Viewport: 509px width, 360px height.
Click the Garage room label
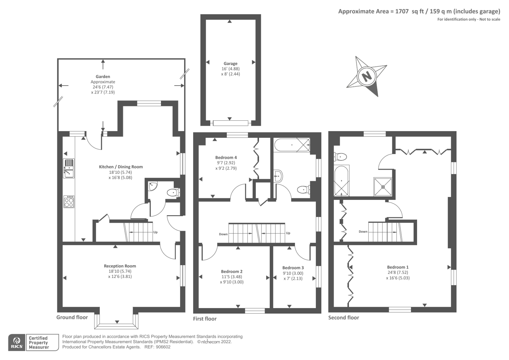(x=230, y=64)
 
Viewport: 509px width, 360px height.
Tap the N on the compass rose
(x=367, y=76)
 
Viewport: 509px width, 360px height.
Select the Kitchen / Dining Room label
(x=121, y=167)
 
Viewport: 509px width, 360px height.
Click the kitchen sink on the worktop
(x=69, y=168)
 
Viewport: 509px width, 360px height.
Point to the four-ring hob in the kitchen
(x=69, y=201)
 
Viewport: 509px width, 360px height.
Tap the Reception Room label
(x=120, y=266)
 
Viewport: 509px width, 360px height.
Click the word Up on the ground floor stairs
(x=155, y=232)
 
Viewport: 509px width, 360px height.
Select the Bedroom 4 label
(x=226, y=158)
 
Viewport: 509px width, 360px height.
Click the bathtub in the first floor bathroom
(x=292, y=145)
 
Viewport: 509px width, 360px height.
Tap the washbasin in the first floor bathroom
(x=278, y=176)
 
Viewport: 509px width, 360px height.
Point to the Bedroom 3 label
(x=293, y=268)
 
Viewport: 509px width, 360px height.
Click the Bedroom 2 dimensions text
(x=232, y=279)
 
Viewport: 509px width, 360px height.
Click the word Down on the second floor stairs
(x=363, y=232)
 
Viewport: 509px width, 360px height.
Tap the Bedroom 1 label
(x=398, y=267)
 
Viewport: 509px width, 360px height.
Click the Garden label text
(x=103, y=76)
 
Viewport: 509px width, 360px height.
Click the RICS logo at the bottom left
(x=16, y=342)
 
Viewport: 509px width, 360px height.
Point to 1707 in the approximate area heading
(x=401, y=11)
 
